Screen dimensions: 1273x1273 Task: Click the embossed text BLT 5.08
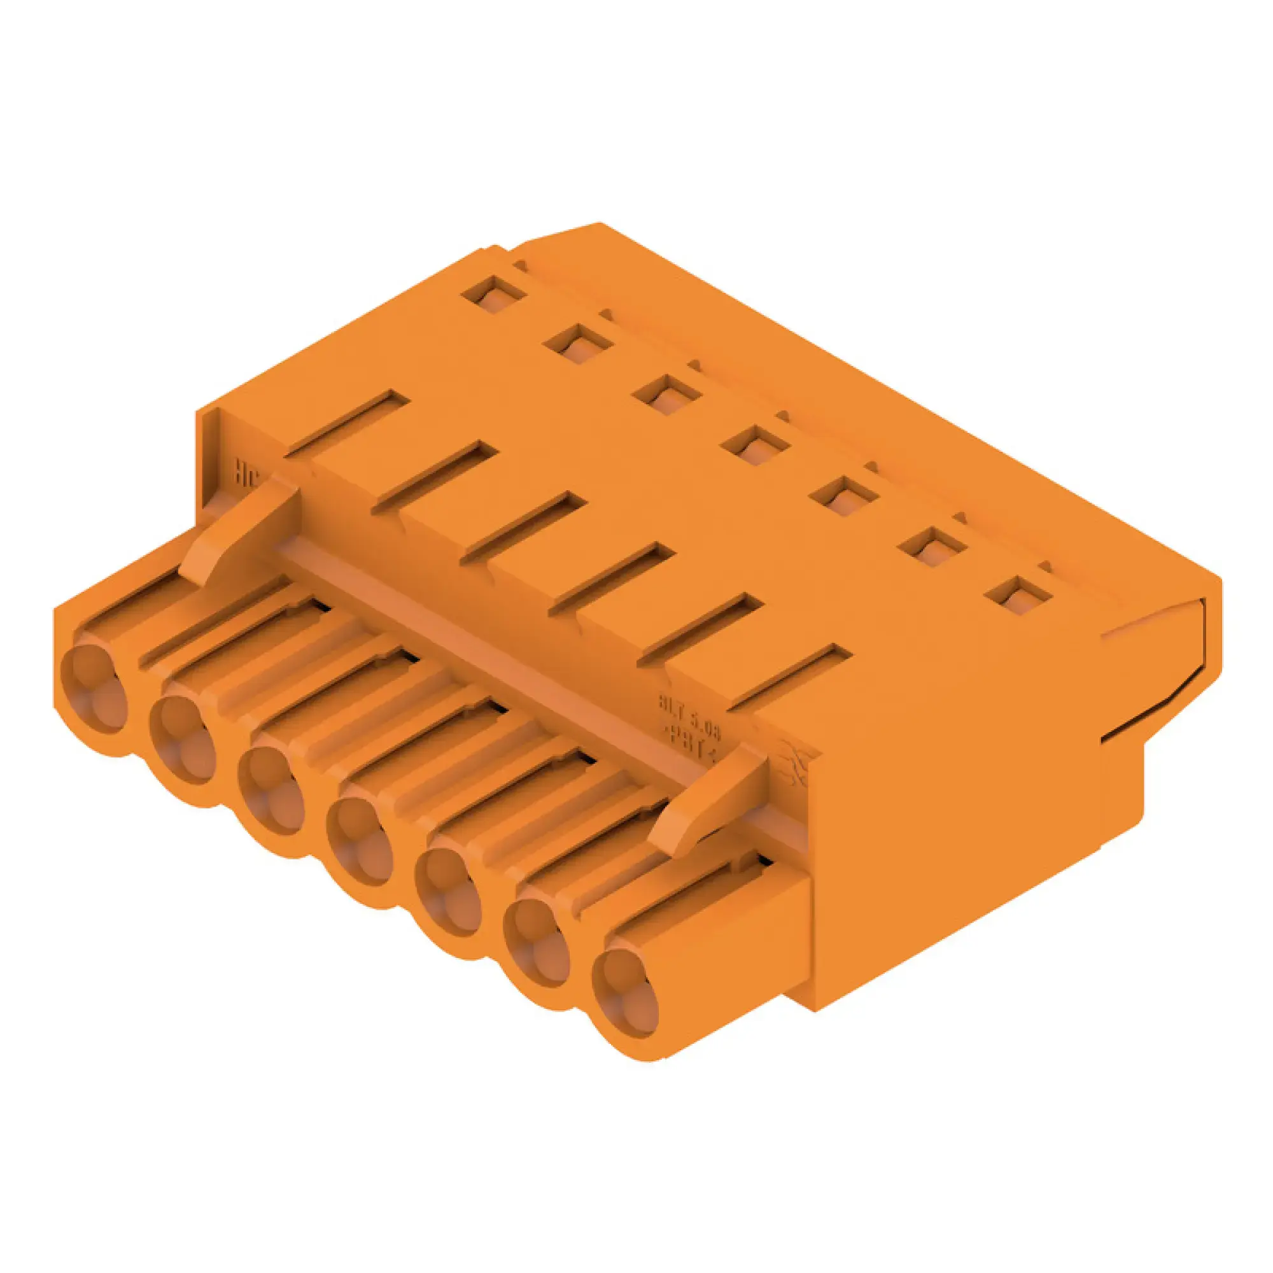pyautogui.click(x=690, y=715)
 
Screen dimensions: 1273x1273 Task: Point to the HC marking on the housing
pyautogui.click(x=248, y=474)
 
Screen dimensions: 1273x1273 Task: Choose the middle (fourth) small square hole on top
pyautogui.click(x=755, y=444)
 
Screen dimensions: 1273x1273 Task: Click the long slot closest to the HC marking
pyautogui.click(x=348, y=424)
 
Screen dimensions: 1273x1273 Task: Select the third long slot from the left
pyautogui.click(x=524, y=527)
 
